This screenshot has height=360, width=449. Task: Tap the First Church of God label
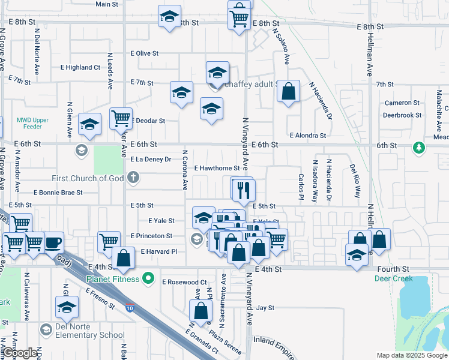[88, 178]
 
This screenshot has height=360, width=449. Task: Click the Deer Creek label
[391, 279]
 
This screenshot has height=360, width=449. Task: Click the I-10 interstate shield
[130, 308]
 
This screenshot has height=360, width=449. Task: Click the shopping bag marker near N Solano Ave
[289, 92]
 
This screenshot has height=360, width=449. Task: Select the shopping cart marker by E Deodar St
[121, 118]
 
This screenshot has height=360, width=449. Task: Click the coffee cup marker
[53, 242]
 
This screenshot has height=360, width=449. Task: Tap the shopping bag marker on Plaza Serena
[200, 310]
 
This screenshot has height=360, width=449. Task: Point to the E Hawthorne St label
[217, 169]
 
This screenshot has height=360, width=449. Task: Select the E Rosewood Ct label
[184, 281]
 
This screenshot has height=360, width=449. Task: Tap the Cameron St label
[402, 103]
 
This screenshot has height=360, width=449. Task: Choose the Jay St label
[265, 308]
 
